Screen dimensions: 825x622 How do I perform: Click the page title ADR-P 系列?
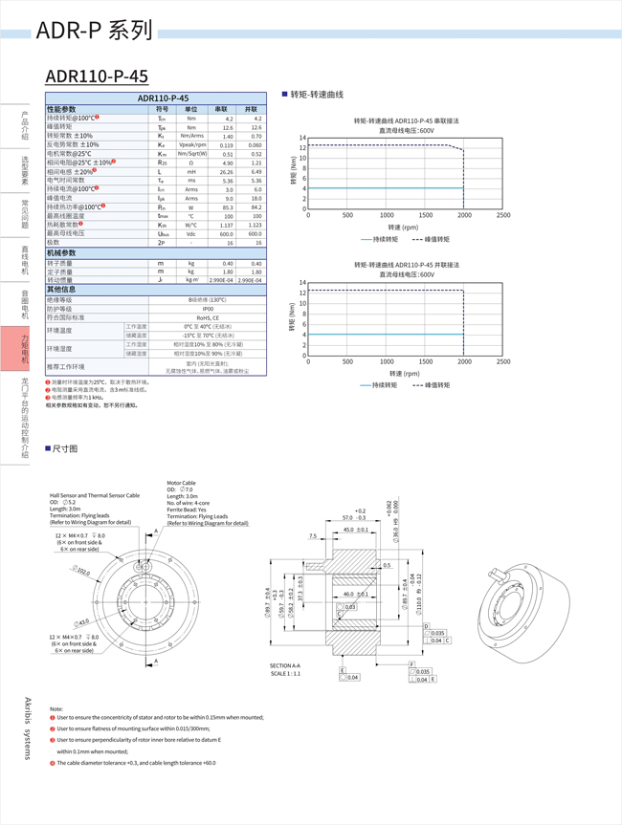pos(94,31)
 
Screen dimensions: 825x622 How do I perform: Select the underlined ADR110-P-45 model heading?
pos(97,76)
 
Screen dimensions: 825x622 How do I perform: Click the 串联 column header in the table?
pos(221,109)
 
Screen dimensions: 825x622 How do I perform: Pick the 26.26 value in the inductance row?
pos(227,171)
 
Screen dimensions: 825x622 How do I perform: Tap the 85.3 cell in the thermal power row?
pos(227,206)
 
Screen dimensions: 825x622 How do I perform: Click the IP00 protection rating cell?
pos(208,309)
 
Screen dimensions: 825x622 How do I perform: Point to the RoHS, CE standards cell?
pos(208,317)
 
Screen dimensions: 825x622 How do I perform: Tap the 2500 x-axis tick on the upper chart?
pos(503,215)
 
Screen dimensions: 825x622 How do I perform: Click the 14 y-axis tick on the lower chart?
pos(301,283)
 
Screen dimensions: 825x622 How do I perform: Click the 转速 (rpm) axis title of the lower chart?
pos(404,373)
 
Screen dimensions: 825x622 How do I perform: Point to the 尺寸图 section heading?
pos(64,447)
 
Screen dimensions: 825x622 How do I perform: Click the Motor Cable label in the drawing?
pos(181,484)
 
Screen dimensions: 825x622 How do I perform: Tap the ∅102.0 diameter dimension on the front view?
pos(83,571)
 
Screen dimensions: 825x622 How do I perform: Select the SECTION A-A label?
pos(285,665)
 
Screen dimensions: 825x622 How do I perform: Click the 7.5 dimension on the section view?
pos(312,536)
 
